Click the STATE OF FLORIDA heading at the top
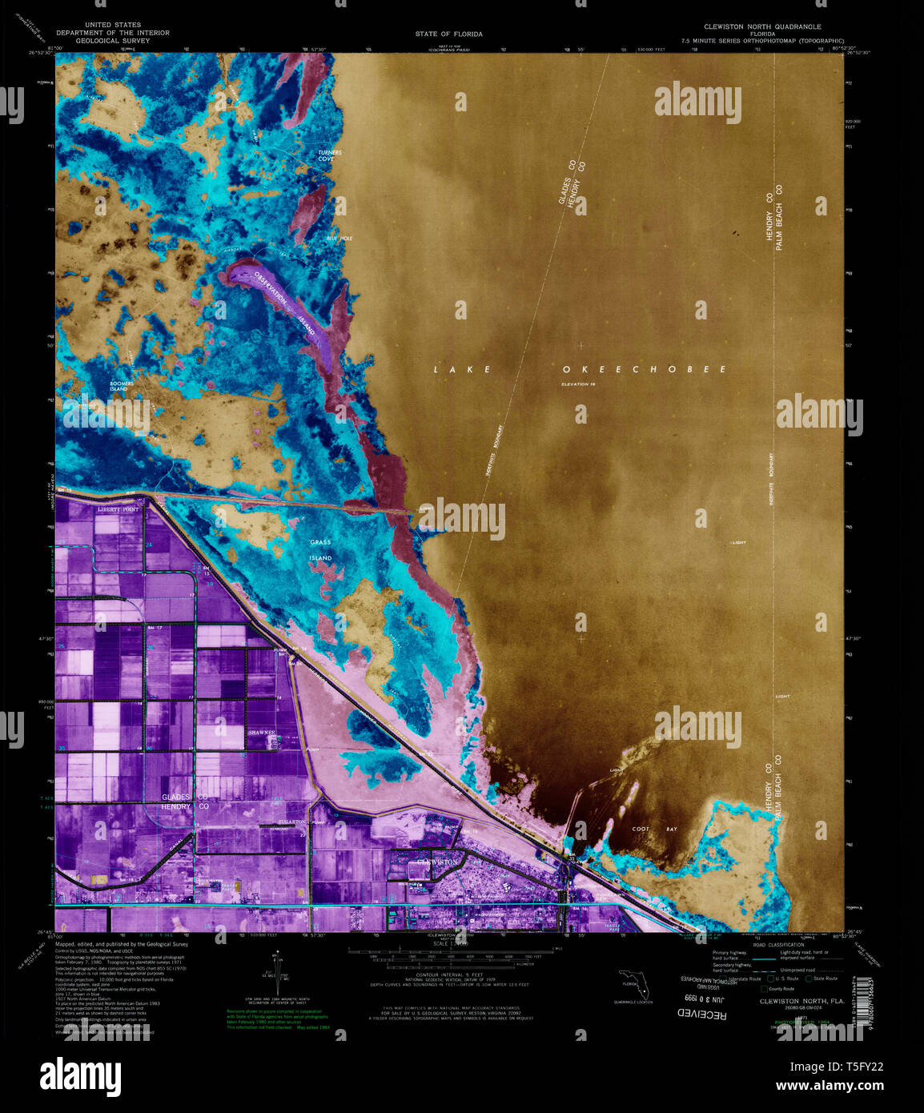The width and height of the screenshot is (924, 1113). click(448, 34)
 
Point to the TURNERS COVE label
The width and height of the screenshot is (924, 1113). click(329, 155)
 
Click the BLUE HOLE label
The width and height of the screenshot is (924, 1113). click(339, 239)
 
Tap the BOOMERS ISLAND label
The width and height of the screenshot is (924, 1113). click(122, 386)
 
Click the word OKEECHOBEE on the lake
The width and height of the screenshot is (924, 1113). click(645, 369)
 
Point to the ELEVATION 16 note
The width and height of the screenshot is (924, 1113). click(579, 385)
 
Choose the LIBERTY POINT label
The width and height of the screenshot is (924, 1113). click(118, 508)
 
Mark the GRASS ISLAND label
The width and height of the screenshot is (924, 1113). click(320, 550)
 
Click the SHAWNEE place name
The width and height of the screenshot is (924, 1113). click(262, 733)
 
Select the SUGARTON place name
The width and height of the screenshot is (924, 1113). click(295, 822)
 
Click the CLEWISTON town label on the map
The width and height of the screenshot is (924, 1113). click(436, 862)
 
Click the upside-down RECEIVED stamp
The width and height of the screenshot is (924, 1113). click(702, 1014)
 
